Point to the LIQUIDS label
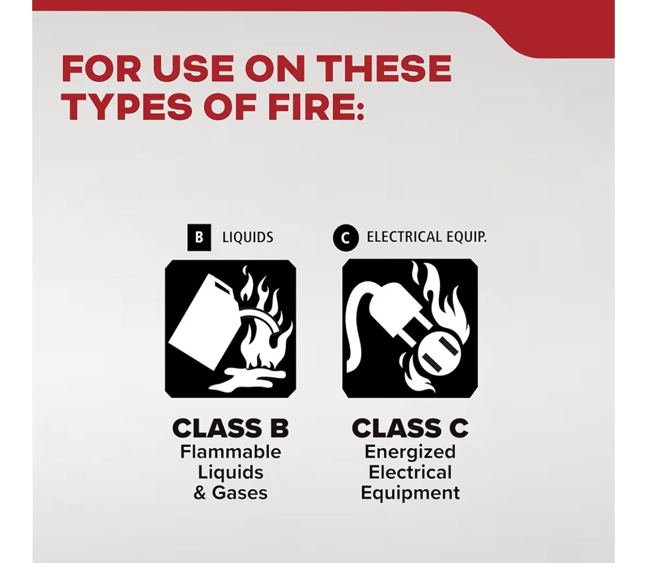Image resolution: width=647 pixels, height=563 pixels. (x=248, y=237)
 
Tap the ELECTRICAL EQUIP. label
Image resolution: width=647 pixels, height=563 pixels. (x=427, y=237)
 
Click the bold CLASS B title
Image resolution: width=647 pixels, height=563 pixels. (x=231, y=429)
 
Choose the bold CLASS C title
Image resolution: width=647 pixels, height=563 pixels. (x=410, y=429)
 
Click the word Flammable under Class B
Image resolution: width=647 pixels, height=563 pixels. (x=231, y=452)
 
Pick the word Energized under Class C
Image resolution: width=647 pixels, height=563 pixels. (x=410, y=452)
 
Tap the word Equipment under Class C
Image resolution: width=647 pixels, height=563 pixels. (x=410, y=493)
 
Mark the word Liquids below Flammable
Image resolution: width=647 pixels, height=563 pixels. (x=231, y=473)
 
